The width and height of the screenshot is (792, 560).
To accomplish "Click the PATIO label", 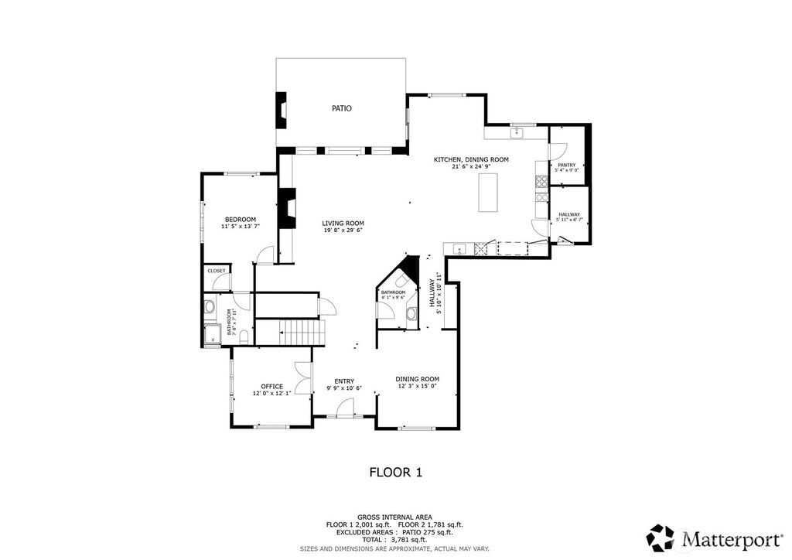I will (x=342, y=109).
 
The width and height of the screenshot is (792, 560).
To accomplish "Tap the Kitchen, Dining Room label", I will (x=470, y=159).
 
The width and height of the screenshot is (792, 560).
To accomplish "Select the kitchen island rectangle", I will (x=489, y=193).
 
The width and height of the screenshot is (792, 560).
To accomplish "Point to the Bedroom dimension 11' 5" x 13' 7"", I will (x=240, y=227).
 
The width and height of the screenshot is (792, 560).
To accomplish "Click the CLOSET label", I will (x=217, y=271).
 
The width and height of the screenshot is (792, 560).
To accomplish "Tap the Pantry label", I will (x=566, y=165).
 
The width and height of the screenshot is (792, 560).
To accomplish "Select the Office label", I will (x=271, y=386).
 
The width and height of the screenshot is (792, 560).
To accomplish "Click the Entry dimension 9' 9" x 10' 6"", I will (x=343, y=388).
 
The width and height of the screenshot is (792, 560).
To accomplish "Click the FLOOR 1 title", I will (x=395, y=471).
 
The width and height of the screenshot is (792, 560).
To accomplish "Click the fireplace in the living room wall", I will (x=288, y=208).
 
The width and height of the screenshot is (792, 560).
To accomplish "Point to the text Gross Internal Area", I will (x=394, y=517).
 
